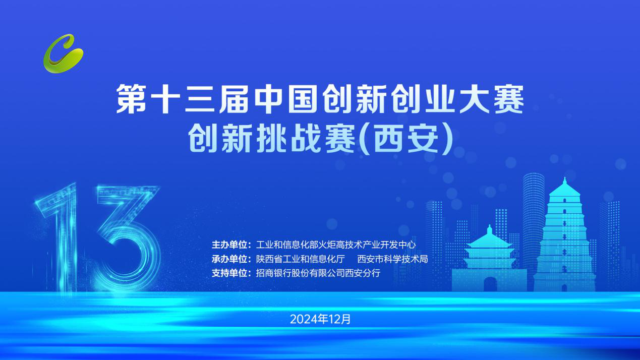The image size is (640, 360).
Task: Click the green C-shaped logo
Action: tap(63, 54)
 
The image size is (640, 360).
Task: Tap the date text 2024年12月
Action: tap(320, 319)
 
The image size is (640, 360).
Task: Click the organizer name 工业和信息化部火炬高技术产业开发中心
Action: tap(336, 245)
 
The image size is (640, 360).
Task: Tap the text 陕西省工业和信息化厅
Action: tap(300, 259)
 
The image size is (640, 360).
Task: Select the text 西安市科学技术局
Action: tap(392, 259)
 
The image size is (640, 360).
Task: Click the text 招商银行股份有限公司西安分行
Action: tap(318, 273)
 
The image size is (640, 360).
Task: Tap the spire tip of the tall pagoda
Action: tap(564, 178)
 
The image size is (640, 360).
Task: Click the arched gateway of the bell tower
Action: tap(490, 284)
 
